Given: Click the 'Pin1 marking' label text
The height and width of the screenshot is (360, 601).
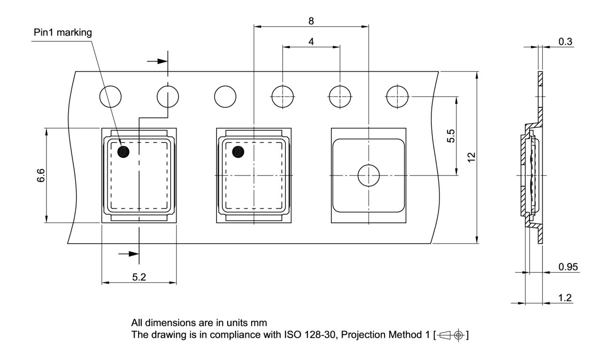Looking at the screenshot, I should pyautogui.click(x=63, y=33).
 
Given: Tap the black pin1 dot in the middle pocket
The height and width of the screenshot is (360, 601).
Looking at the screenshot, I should pyautogui.click(x=239, y=151).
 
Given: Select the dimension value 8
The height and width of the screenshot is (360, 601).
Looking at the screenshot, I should pyautogui.click(x=311, y=21).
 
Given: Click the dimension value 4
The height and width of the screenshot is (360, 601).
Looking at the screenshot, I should pyautogui.click(x=311, y=41).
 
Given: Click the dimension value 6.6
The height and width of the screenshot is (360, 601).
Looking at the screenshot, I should pyautogui.click(x=41, y=175).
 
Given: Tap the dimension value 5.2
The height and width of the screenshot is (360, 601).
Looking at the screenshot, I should pyautogui.click(x=139, y=277).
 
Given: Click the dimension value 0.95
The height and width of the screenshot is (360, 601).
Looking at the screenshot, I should pyautogui.click(x=568, y=267).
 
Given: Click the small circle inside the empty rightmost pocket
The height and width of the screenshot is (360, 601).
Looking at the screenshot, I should pyautogui.click(x=369, y=176).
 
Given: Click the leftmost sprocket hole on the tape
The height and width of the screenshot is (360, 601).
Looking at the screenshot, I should pyautogui.click(x=110, y=97).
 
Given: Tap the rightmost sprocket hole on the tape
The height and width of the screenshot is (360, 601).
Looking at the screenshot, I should pyautogui.click(x=397, y=97).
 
